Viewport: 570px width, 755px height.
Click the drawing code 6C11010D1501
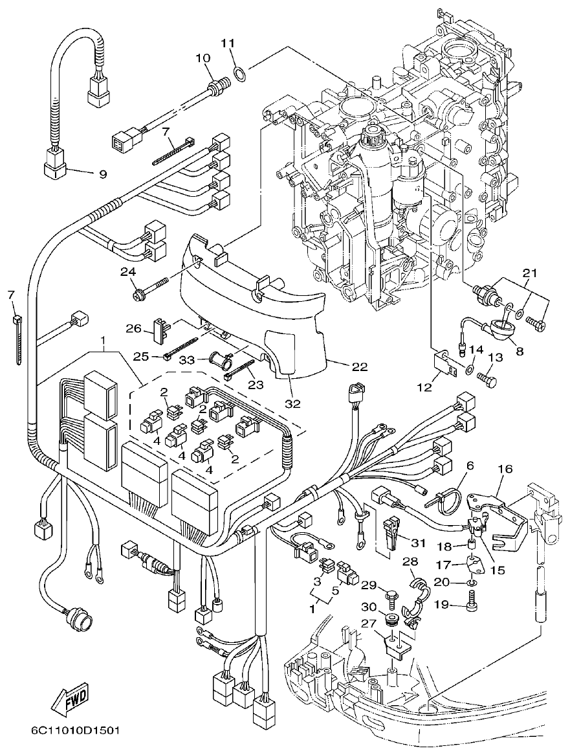click(75, 731)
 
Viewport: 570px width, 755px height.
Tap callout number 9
click(102, 174)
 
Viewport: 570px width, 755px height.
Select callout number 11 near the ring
click(226, 43)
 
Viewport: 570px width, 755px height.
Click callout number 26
click(133, 328)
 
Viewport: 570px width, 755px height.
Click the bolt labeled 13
click(487, 375)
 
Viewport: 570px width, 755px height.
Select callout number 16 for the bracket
click(504, 468)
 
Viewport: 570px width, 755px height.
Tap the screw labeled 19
click(472, 606)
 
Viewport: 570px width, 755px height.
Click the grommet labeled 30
click(391, 620)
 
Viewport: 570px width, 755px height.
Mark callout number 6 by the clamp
click(470, 465)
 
